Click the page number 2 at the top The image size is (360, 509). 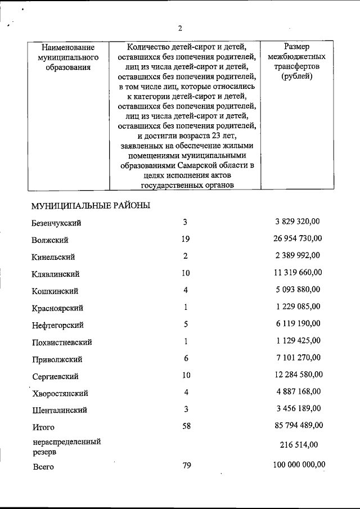180,28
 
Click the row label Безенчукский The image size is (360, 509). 57,223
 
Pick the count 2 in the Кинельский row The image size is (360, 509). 186,256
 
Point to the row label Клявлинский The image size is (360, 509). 56,274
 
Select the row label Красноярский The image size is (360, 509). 58,308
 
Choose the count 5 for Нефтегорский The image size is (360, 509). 186,324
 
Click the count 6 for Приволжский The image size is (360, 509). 186,358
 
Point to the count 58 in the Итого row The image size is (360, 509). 186,426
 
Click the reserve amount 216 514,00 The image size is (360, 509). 299,445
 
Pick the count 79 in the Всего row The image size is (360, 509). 186,465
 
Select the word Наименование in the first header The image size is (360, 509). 64,47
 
